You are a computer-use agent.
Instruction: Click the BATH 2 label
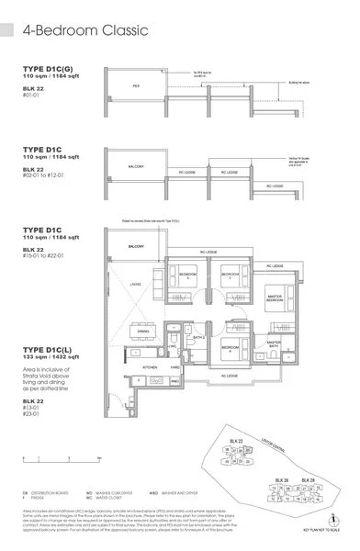click(x=197, y=336)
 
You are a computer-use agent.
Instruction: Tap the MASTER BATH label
click(x=273, y=343)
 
